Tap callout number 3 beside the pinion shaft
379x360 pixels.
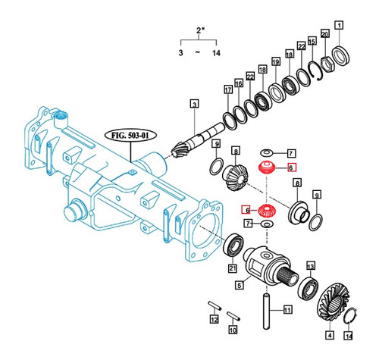pos(194,104)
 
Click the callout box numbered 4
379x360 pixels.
pos(329,334)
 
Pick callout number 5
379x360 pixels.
pos(240,286)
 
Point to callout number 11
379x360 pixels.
pos(287,309)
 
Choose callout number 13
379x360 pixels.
pos(311,266)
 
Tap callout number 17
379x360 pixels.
pos(227,90)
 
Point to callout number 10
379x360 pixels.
pos(233,330)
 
